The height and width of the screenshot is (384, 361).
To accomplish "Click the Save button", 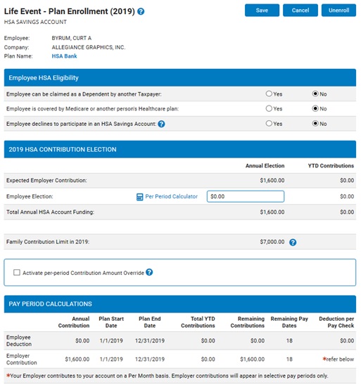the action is tap(262, 11).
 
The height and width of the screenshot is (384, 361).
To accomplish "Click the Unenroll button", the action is tap(338, 11).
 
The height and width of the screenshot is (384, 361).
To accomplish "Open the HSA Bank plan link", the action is tap(64, 56).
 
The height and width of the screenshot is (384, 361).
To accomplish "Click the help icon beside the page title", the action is tap(141, 11).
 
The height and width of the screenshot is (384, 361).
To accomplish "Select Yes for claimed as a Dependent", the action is tap(269, 94).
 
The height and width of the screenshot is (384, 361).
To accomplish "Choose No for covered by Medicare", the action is tap(315, 108).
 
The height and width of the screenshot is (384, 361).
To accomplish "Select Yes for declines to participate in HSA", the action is tap(269, 123).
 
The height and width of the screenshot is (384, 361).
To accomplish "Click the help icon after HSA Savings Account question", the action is tap(161, 124).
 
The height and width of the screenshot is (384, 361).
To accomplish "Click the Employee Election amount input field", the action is tap(246, 196).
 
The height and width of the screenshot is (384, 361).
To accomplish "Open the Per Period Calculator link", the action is tap(171, 196).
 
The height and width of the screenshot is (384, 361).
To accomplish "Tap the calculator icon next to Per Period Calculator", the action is tap(140, 197).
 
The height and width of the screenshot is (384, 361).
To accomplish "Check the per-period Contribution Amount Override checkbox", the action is tap(17, 273).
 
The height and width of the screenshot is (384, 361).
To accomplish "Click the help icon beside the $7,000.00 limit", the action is tap(293, 242).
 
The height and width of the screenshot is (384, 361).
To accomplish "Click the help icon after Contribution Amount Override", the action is tap(149, 272).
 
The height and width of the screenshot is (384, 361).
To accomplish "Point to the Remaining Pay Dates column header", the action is tap(289, 322).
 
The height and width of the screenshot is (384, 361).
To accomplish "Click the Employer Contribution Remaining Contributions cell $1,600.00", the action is tap(252, 359).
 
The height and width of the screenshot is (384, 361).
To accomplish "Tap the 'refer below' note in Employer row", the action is tap(338, 359).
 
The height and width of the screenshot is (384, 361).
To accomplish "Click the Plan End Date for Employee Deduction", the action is tap(150, 340).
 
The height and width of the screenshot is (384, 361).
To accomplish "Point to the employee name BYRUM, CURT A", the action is tap(72, 38).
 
